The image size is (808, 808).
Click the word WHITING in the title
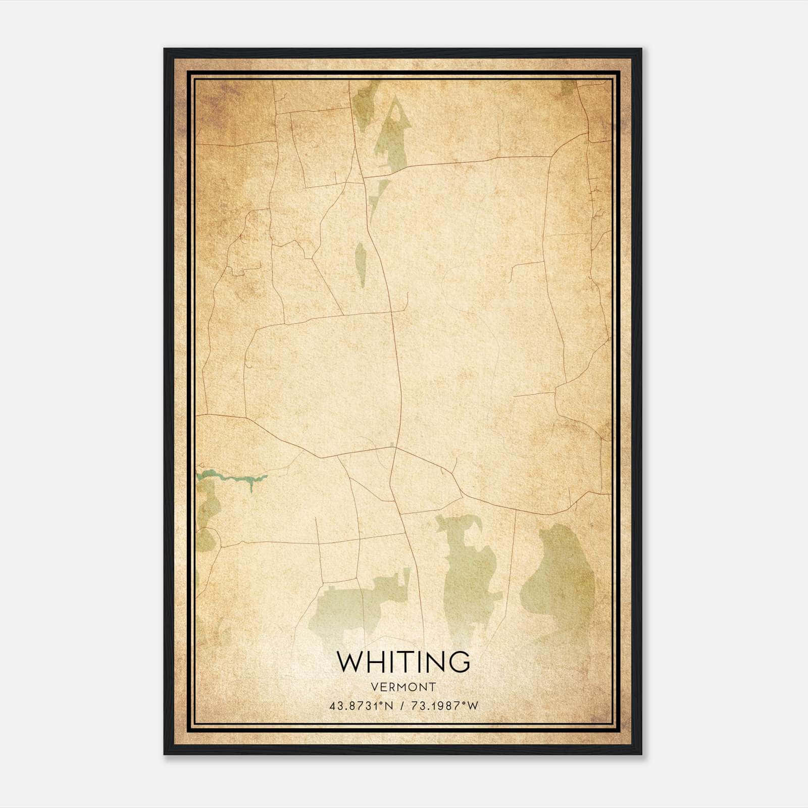click(403, 661)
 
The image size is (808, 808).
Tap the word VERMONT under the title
click(403, 687)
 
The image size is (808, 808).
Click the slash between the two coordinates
click(401, 706)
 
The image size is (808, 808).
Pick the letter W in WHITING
click(349, 661)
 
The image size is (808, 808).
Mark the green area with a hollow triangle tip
click(391, 136)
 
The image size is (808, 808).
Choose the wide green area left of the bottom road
click(353, 606)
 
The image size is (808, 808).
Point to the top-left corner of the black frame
click(165, 49)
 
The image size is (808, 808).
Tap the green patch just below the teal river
click(208, 505)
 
